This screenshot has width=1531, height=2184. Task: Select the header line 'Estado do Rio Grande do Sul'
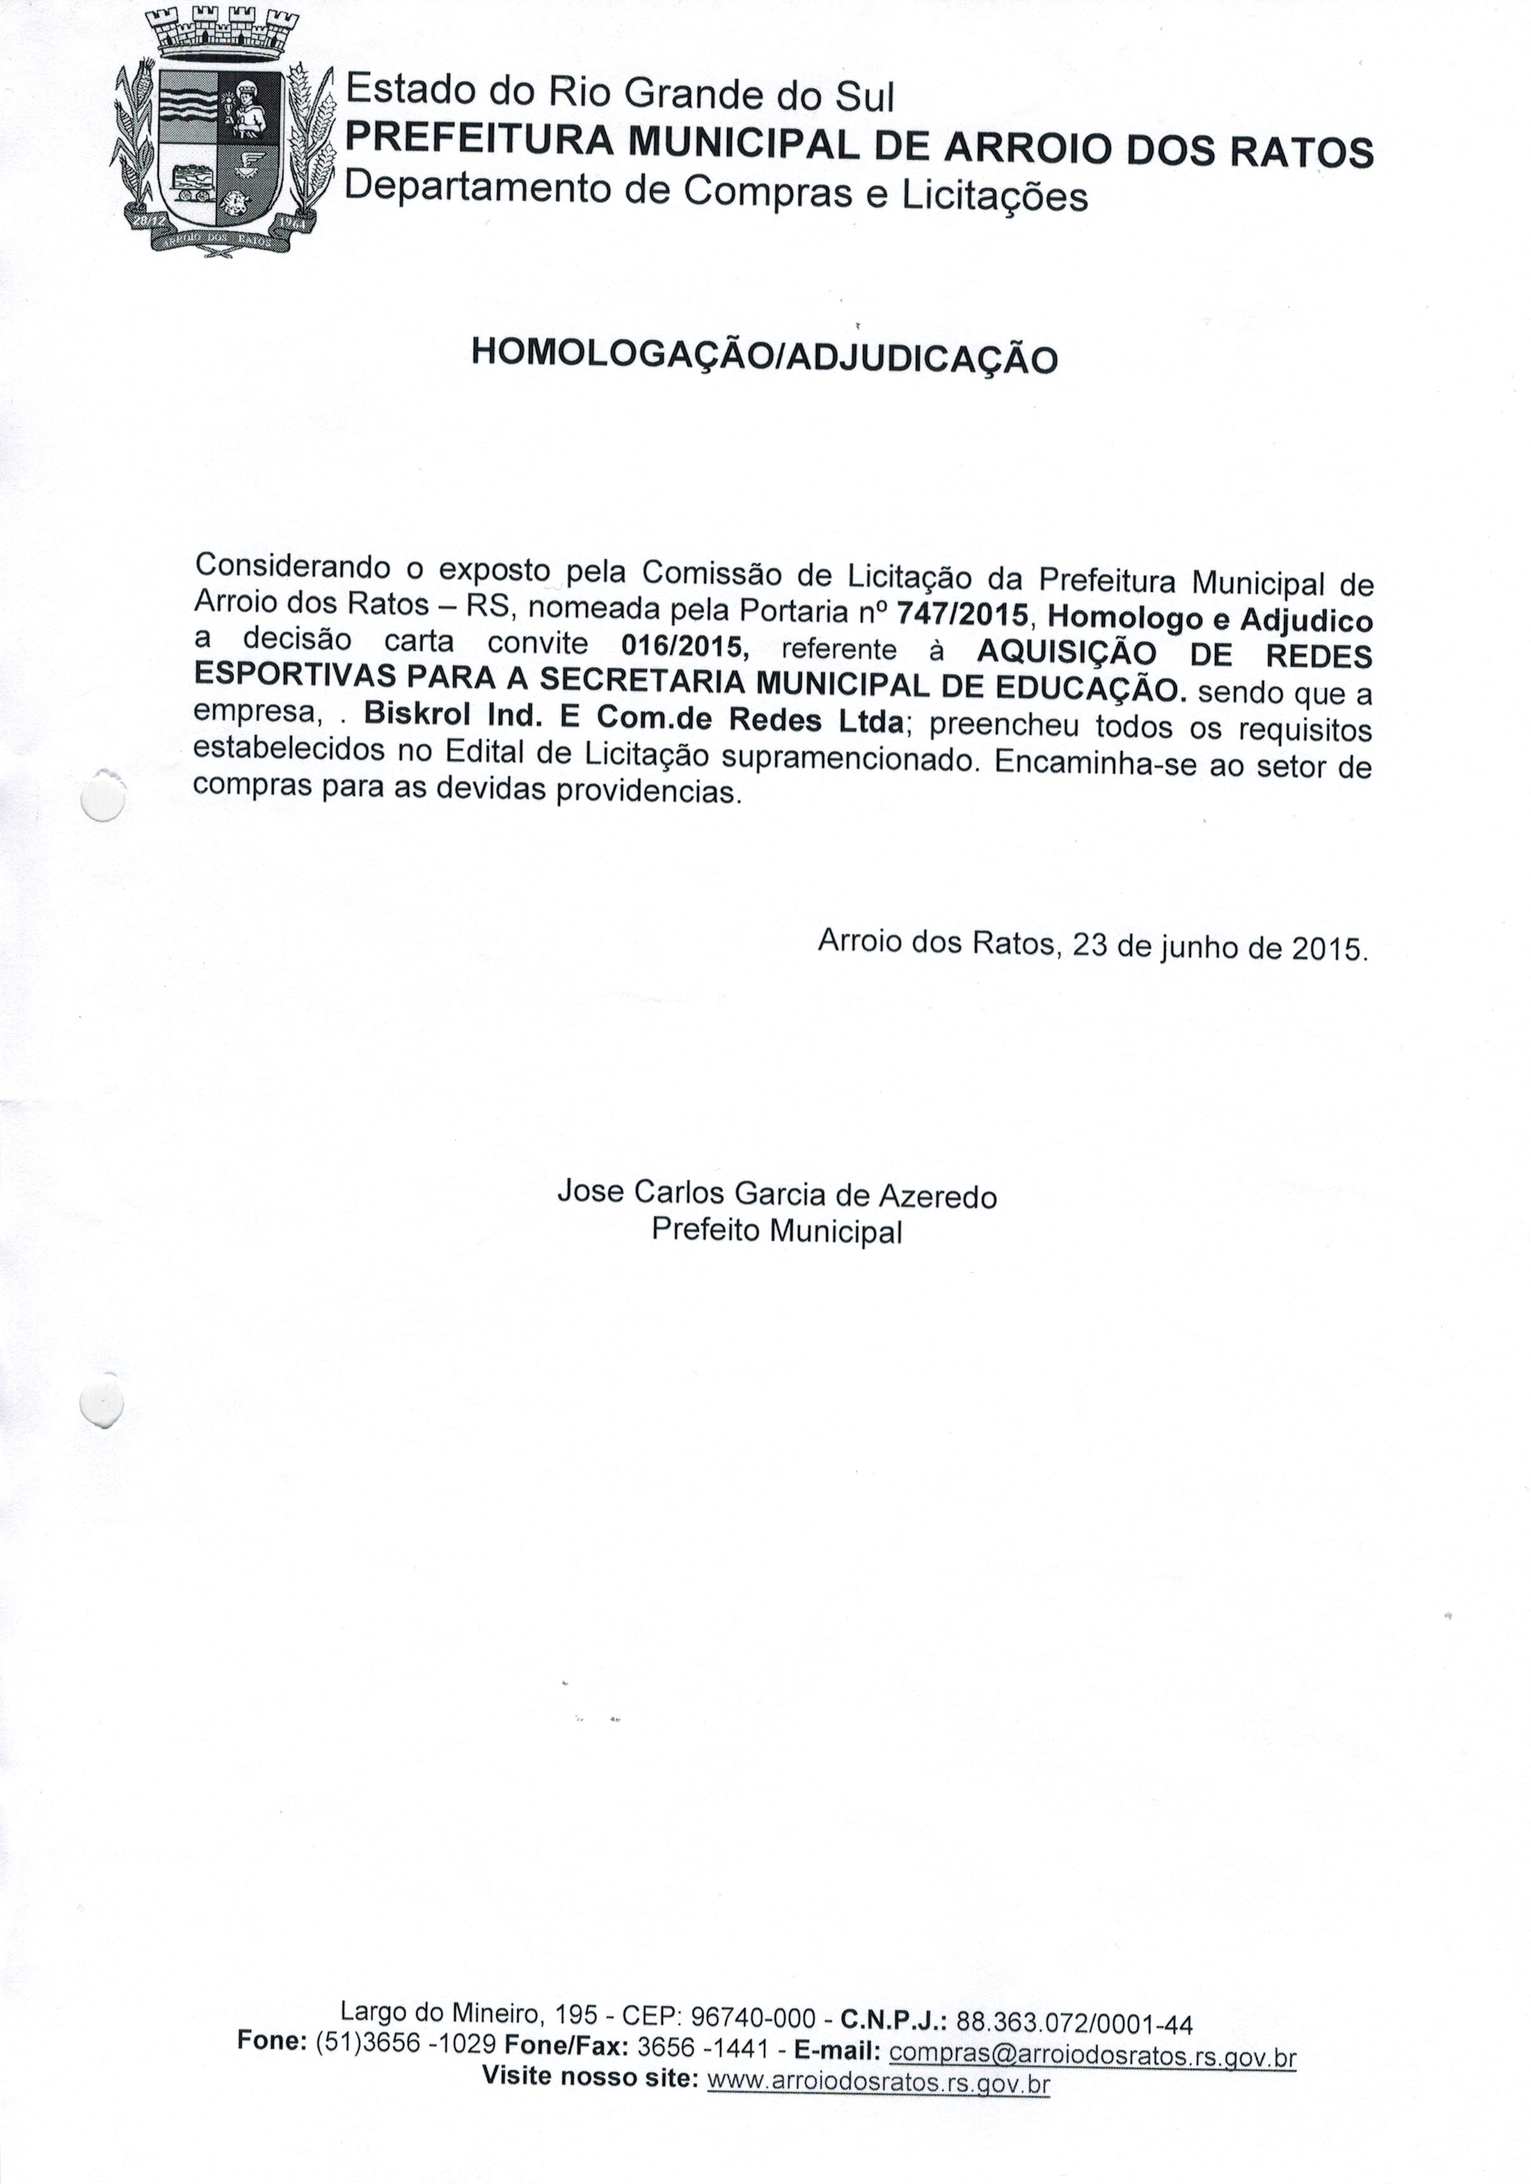coord(620,93)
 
